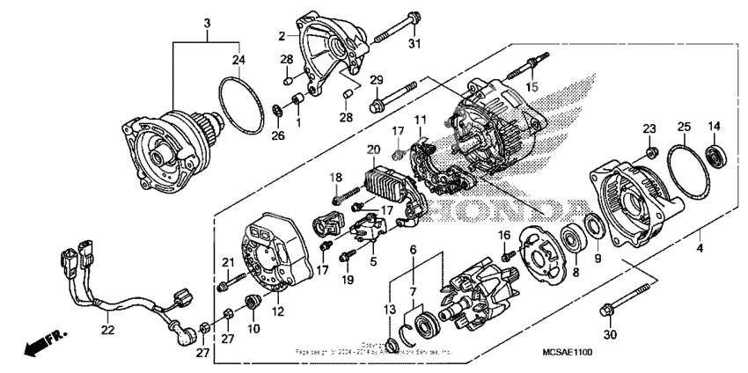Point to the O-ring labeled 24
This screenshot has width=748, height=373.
[239, 99]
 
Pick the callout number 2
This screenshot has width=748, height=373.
[282, 35]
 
